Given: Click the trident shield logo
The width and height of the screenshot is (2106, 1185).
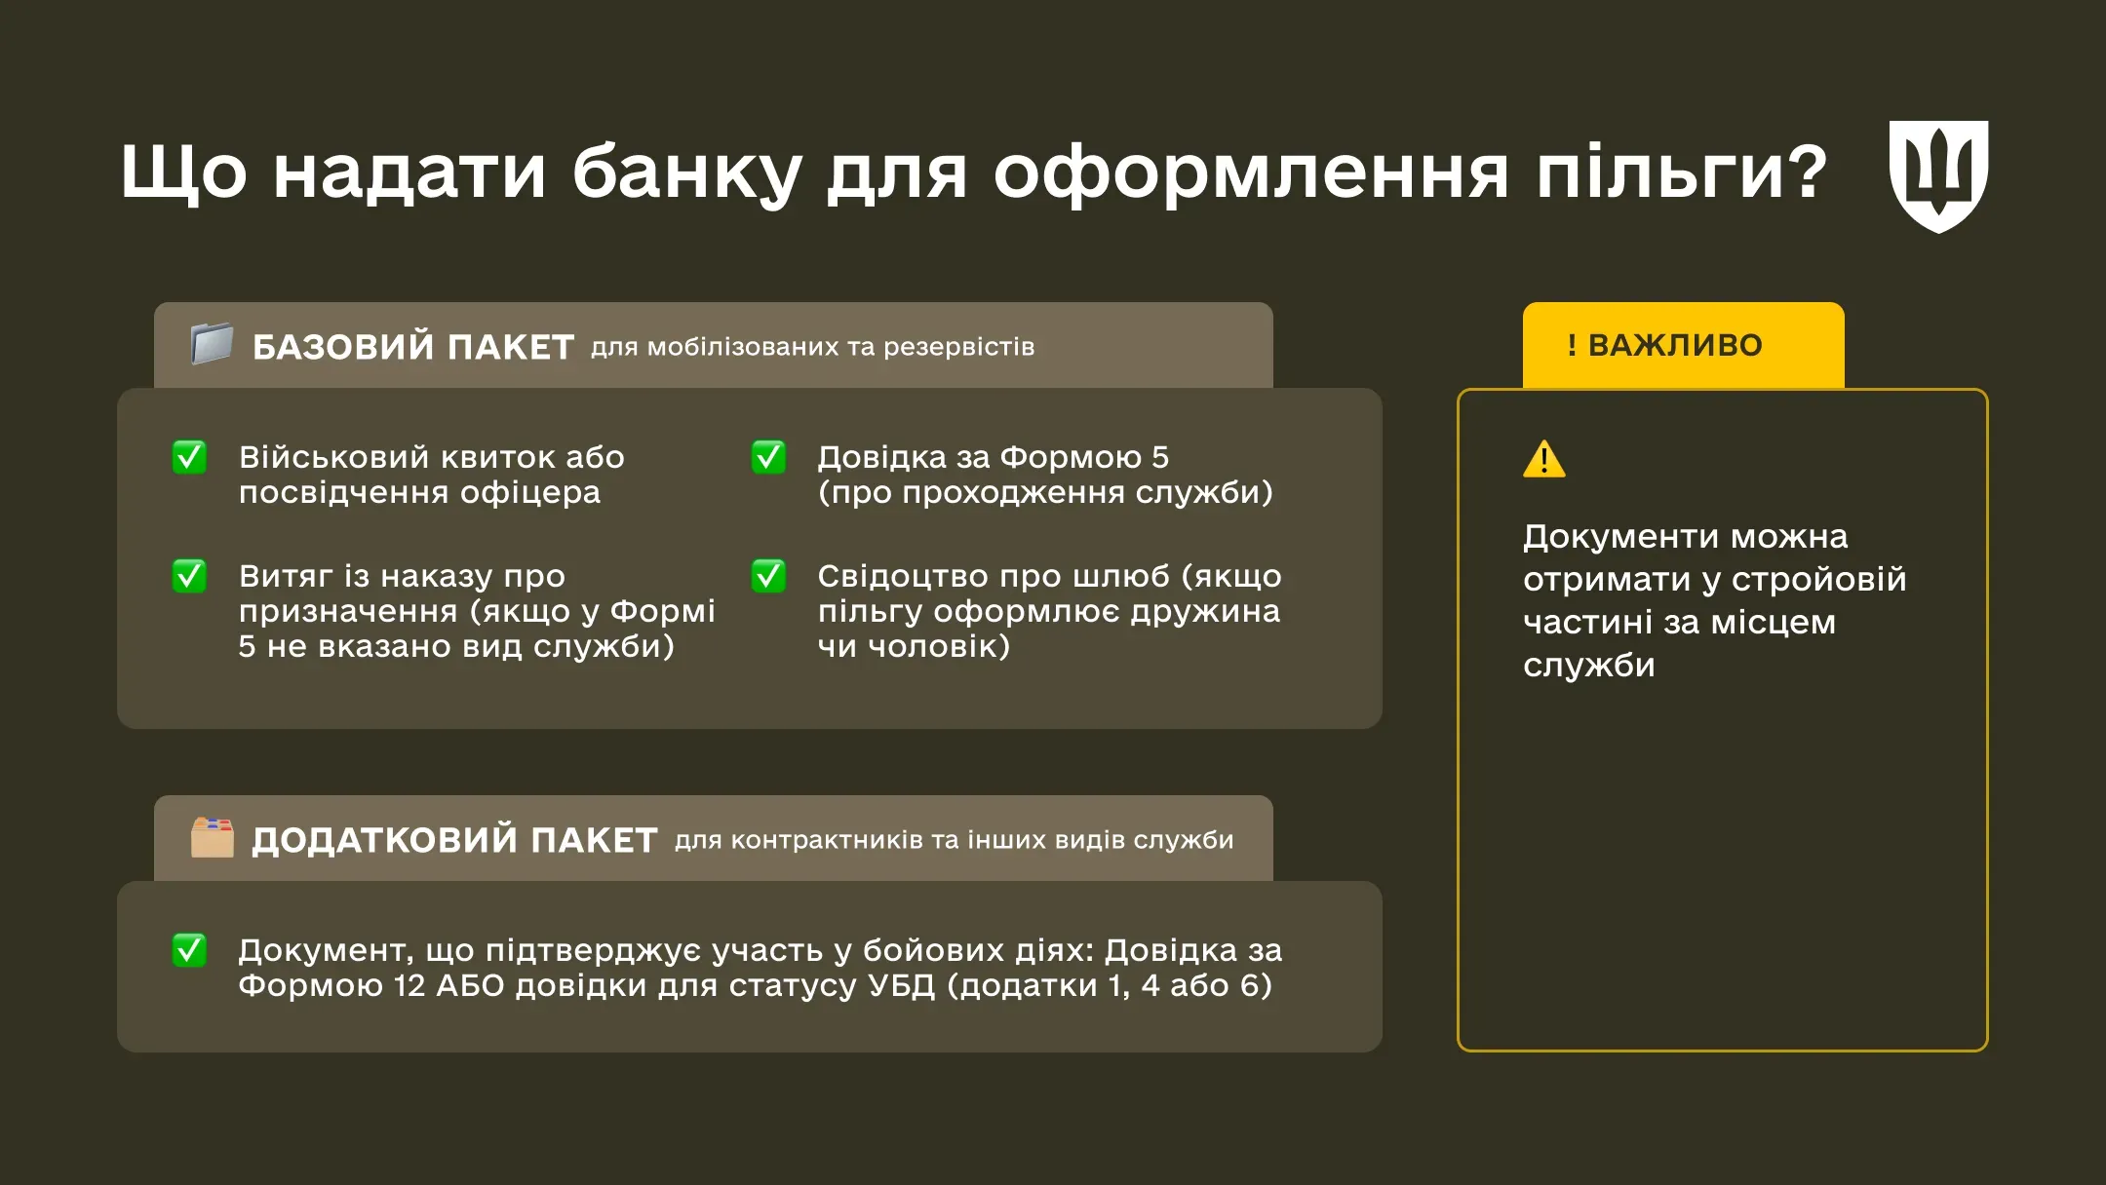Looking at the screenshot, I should [x=1938, y=175].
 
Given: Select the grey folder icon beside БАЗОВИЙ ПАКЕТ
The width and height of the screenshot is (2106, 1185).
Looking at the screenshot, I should [x=212, y=344].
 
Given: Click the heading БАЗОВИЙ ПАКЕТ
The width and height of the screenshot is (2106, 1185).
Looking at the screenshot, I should [x=412, y=347].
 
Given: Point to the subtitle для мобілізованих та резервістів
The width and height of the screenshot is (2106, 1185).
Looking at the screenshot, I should [x=812, y=347].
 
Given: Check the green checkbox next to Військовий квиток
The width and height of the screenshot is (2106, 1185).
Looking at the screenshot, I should [x=189, y=457].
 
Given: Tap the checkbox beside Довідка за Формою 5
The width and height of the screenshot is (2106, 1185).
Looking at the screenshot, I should [x=768, y=457].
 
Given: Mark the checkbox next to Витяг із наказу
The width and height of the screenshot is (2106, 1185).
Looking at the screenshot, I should [x=189, y=576].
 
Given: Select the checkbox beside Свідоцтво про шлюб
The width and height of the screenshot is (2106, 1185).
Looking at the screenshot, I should [x=768, y=576].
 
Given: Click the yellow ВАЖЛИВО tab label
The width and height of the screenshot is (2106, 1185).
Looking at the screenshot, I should [x=1675, y=345].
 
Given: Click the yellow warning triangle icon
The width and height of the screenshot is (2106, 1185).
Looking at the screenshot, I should [x=1543, y=459].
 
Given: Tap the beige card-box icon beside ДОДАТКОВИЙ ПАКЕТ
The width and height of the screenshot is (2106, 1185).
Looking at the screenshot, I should [x=212, y=837].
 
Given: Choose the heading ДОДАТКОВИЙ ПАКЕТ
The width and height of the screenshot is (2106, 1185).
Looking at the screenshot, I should [x=454, y=840].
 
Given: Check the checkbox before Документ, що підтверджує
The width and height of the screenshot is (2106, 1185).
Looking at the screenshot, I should [x=189, y=949].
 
